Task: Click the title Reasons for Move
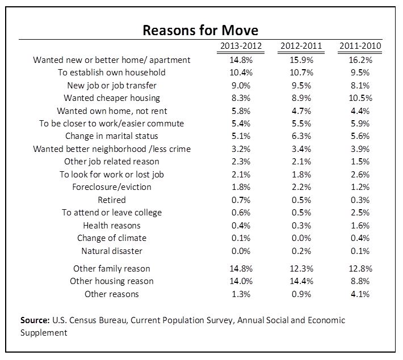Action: click(x=200, y=30)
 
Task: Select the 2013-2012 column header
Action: click(x=241, y=46)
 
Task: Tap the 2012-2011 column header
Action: click(x=301, y=46)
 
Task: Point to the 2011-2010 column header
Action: click(x=360, y=46)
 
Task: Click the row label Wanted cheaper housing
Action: click(x=112, y=98)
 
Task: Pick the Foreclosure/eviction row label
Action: click(x=112, y=187)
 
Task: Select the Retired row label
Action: click(x=112, y=200)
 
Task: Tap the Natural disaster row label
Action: click(x=112, y=251)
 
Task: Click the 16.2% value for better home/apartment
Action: click(x=360, y=60)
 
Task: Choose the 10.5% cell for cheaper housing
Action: click(x=360, y=98)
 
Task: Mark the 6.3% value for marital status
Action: click(x=301, y=136)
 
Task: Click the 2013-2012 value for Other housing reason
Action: click(x=241, y=281)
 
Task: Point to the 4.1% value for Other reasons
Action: click(x=360, y=294)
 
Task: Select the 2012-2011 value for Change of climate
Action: click(x=301, y=238)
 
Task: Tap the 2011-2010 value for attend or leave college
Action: click(x=360, y=213)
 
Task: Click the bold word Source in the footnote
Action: click(x=35, y=320)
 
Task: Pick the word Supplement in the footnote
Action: click(x=44, y=333)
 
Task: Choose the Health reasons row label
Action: click(x=112, y=226)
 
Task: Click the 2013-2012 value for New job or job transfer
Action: click(x=241, y=86)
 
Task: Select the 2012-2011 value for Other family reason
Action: click(x=301, y=269)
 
